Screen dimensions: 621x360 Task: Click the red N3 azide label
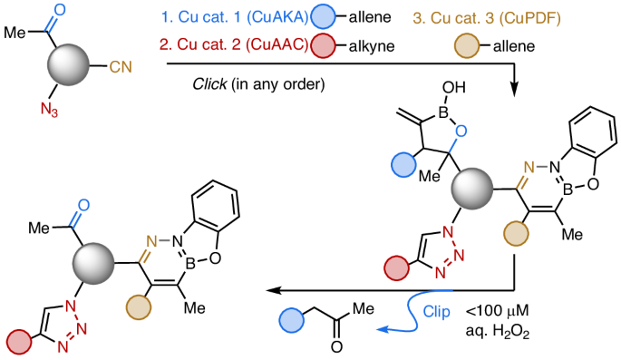pos(49,109)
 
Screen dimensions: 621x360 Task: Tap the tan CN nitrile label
pos(121,67)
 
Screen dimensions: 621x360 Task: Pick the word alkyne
pos(372,46)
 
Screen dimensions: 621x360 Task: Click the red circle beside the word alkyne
pos(323,46)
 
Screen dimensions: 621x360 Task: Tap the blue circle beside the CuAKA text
pos(323,16)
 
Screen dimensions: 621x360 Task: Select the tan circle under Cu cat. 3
pos(466,46)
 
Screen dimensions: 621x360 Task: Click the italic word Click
pos(210,84)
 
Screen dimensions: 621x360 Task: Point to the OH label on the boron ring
pos(454,87)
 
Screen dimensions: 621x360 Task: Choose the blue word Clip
pos(436,312)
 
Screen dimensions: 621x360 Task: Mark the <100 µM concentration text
pos(497,311)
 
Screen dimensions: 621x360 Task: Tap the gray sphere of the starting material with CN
pos(69,64)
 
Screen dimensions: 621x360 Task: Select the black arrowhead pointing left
pos(273,291)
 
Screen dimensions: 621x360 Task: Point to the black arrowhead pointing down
pos(514,90)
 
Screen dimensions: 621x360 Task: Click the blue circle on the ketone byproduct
pos(292,319)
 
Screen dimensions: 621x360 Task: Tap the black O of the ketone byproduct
pos(336,347)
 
